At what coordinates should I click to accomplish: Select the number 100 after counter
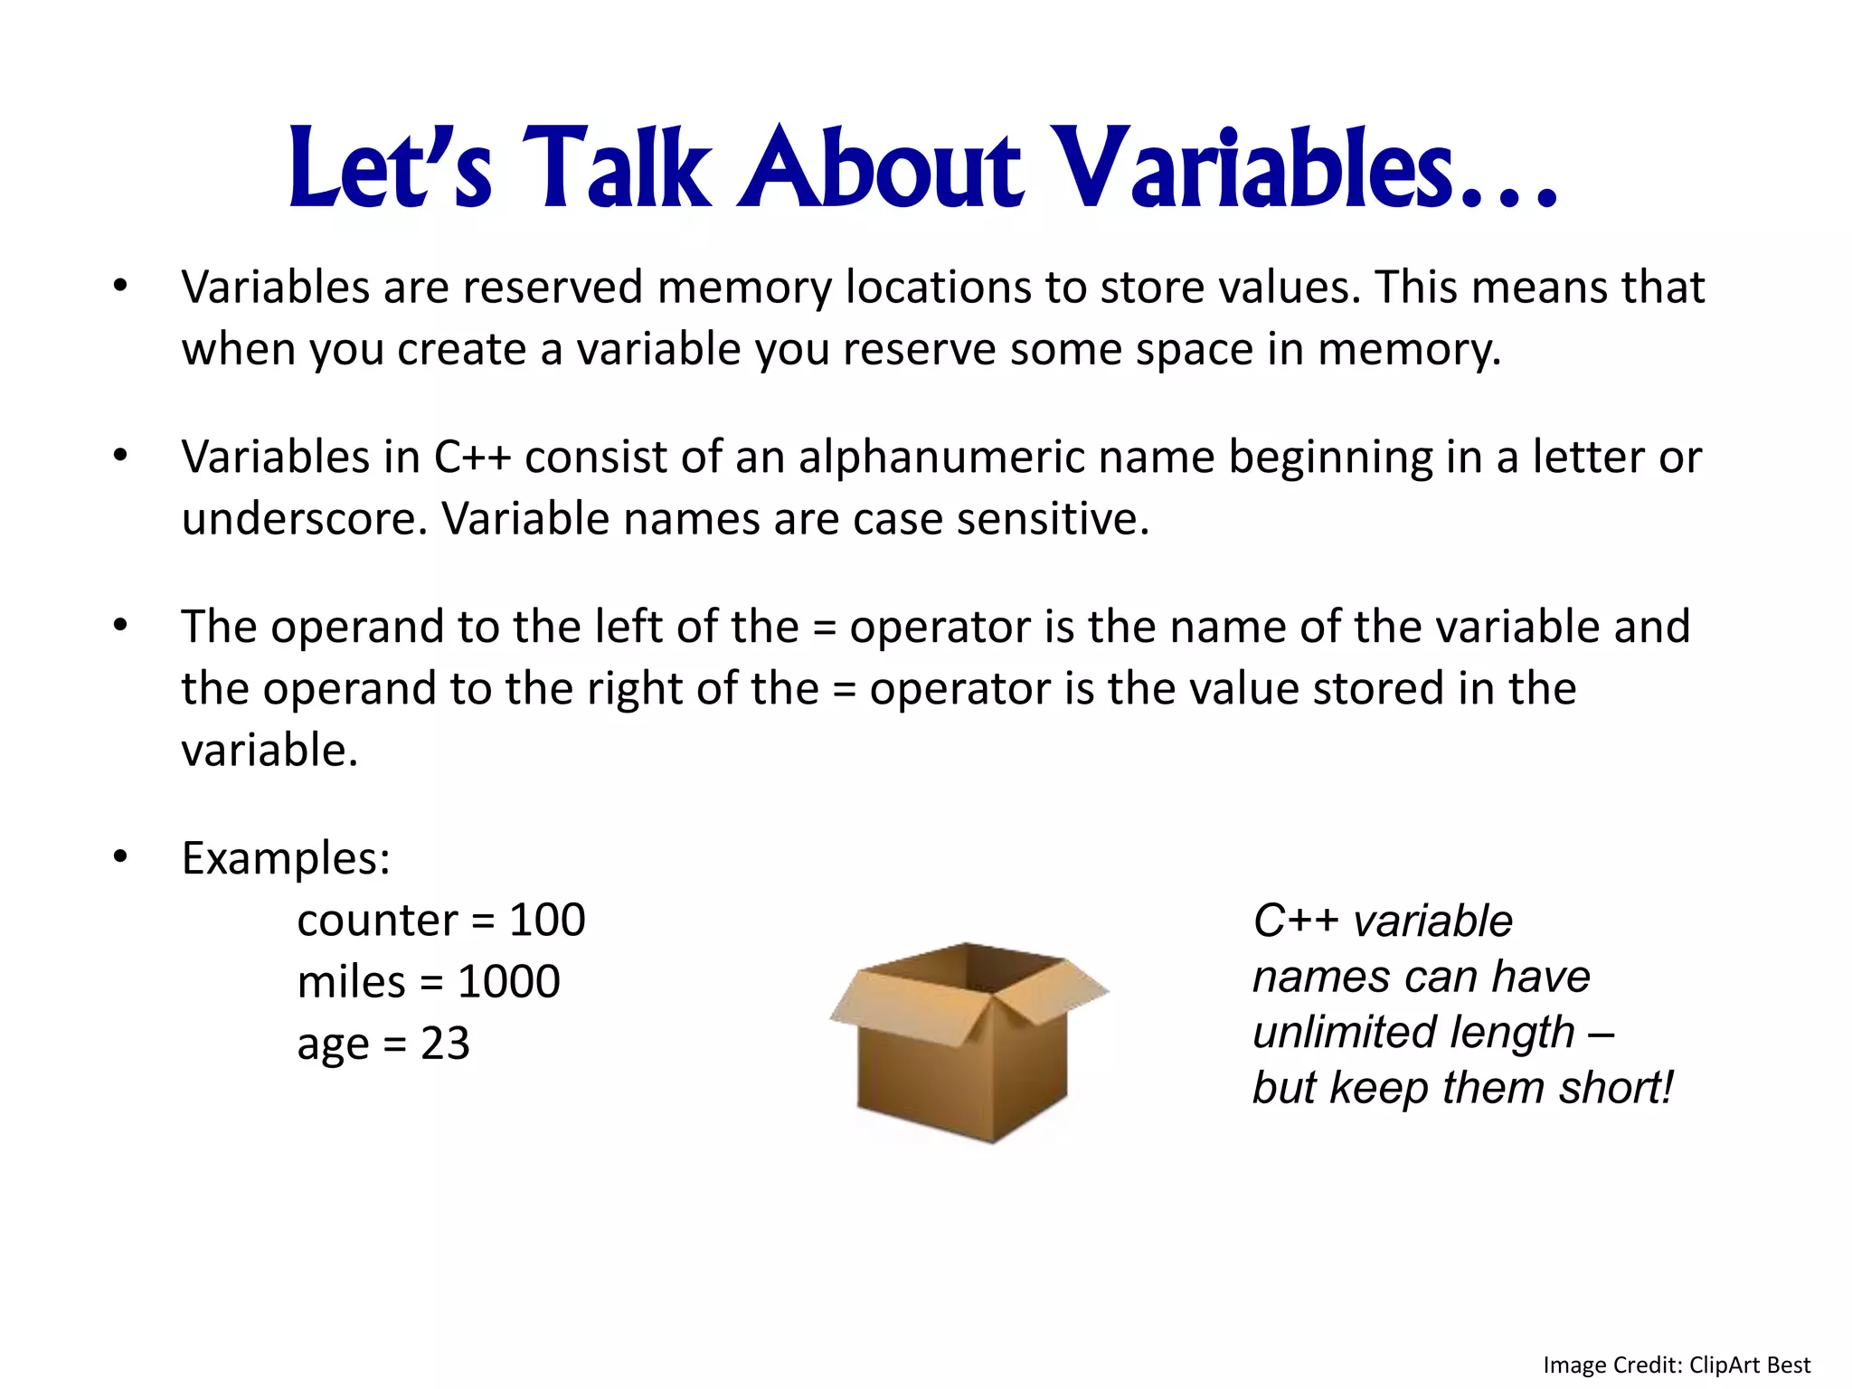click(547, 920)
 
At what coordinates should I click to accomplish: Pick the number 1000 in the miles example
click(509, 982)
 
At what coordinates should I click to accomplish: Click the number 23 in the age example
click(445, 1044)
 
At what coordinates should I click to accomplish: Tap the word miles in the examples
click(351, 982)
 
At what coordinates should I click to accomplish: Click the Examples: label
click(286, 858)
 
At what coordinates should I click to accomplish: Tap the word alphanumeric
click(940, 458)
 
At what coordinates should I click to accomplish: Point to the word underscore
click(303, 520)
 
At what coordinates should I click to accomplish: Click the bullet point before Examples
click(120, 855)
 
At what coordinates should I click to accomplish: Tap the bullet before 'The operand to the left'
click(120, 625)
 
